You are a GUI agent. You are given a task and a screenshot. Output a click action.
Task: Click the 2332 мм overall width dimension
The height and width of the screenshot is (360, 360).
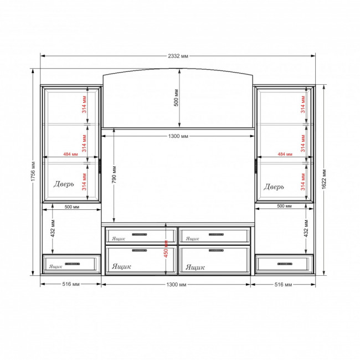click(x=178, y=56)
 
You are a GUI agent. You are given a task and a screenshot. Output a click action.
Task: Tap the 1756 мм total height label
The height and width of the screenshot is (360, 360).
click(x=33, y=171)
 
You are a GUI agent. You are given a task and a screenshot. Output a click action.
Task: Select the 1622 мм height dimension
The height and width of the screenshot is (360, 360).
click(x=324, y=179)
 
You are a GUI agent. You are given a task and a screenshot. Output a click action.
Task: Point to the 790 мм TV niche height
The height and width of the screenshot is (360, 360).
click(x=114, y=174)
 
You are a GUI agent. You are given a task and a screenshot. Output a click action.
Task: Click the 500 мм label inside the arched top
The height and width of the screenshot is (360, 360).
click(x=176, y=98)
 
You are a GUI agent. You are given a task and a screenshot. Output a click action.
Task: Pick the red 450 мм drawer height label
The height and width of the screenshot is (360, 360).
click(x=166, y=249)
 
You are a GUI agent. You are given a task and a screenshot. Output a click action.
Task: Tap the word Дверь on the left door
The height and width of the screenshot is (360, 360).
click(x=64, y=184)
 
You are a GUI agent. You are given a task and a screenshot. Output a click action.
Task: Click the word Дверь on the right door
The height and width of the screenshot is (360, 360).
click(x=274, y=187)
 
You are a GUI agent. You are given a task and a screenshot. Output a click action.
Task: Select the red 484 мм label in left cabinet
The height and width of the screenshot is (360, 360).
click(x=71, y=154)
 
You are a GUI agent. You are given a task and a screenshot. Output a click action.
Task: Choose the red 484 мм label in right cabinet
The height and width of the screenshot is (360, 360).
click(x=285, y=154)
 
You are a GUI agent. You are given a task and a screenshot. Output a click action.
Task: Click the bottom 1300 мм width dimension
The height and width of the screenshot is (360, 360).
click(x=176, y=285)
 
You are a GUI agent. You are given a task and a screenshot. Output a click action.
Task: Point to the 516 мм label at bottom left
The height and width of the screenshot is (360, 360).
click(x=71, y=284)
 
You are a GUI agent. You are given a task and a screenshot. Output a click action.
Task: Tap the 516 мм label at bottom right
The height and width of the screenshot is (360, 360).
click(x=284, y=285)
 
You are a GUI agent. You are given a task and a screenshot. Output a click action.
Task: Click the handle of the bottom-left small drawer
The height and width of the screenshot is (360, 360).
click(x=73, y=264)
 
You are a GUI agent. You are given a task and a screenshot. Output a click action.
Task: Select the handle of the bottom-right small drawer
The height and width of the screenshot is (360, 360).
click(x=285, y=264)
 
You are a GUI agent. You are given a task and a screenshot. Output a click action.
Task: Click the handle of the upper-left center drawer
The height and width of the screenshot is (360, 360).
click(x=140, y=234)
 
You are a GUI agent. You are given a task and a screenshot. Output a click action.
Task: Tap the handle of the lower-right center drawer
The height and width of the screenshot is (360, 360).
click(x=216, y=250)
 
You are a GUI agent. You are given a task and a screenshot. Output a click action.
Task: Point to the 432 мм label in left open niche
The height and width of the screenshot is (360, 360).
click(x=53, y=228)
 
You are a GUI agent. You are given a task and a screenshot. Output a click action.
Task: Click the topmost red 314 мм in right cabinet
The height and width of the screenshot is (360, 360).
click(x=303, y=105)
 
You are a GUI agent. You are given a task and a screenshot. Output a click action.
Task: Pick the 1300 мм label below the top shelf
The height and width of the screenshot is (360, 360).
click(x=178, y=136)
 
